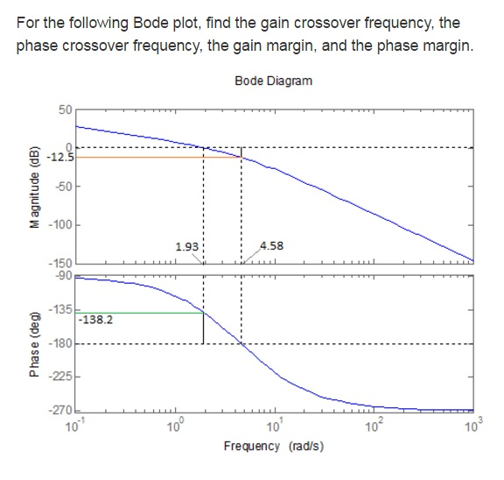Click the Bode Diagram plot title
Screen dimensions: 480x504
tap(273, 81)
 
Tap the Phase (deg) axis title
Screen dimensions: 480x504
tap(35, 344)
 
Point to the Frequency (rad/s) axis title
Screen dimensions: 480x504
tap(273, 446)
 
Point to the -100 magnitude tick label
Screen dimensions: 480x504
tap(61, 224)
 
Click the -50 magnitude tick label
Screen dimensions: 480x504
tap(64, 186)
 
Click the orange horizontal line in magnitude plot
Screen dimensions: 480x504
tap(157, 158)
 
